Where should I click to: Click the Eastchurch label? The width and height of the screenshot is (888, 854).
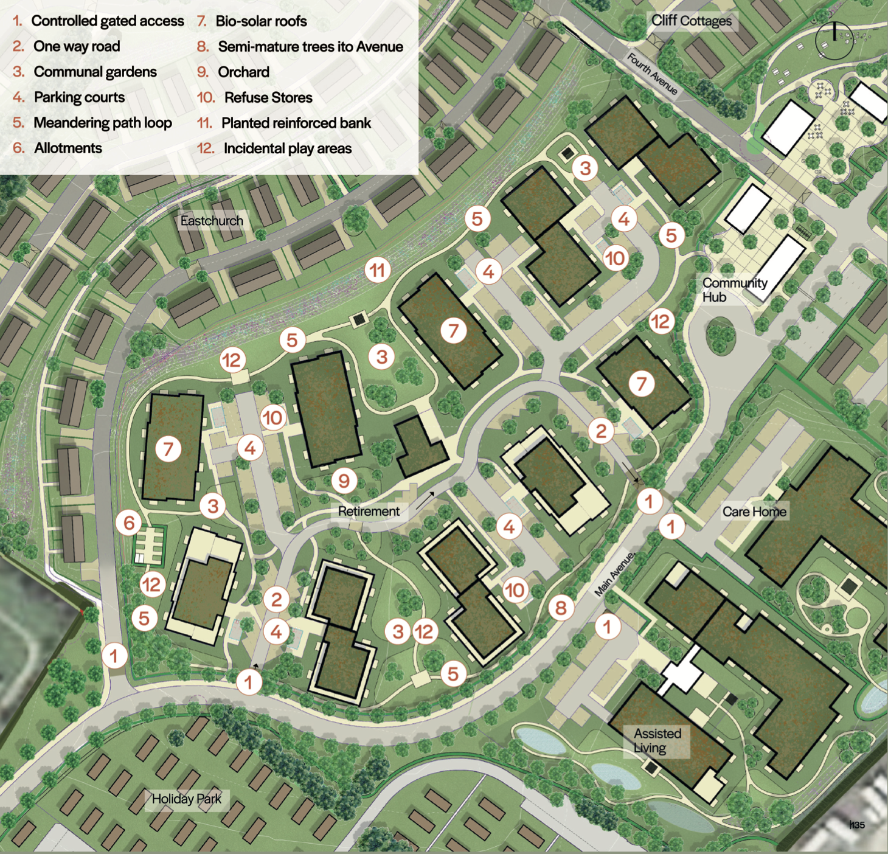pos(212,221)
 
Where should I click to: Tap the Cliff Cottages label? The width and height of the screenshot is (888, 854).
pos(692,21)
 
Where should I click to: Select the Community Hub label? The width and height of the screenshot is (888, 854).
pos(734,290)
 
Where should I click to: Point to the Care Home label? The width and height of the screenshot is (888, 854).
pos(754,512)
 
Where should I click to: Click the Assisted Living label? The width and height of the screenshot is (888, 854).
pos(657,740)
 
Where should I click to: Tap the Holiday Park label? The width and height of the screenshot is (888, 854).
pos(186,799)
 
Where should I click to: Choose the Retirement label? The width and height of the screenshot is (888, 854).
pos(369,512)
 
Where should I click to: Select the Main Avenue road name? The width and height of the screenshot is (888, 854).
pos(614,574)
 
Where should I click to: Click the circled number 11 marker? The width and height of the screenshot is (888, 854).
pos(378,270)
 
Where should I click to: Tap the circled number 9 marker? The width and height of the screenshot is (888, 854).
pos(344,481)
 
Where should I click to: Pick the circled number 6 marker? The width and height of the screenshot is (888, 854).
pos(129,522)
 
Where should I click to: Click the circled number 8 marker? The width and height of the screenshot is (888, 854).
pos(561,607)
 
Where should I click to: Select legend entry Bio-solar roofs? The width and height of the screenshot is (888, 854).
pos(260,21)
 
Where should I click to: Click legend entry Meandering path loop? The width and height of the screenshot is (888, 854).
pos(102,123)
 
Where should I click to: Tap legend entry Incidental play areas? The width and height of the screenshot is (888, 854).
pos(287,148)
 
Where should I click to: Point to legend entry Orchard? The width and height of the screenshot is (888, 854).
pos(243,72)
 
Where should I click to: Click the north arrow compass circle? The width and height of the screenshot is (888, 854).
pos(834,41)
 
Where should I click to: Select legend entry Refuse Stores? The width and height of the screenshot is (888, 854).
pos(268,97)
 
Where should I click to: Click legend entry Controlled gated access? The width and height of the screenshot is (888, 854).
pos(107,21)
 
